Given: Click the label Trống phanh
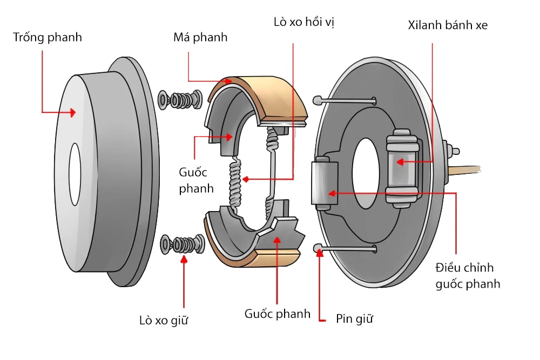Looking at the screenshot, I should (48, 38).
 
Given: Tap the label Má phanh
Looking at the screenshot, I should (200, 38).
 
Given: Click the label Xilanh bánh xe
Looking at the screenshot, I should (448, 25).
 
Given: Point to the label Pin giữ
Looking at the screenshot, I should (354, 318).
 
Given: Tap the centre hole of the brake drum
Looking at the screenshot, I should (75, 174).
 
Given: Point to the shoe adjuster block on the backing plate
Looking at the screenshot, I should (325, 184).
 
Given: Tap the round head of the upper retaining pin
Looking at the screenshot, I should (318, 100).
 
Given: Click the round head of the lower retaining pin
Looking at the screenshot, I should (318, 248).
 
